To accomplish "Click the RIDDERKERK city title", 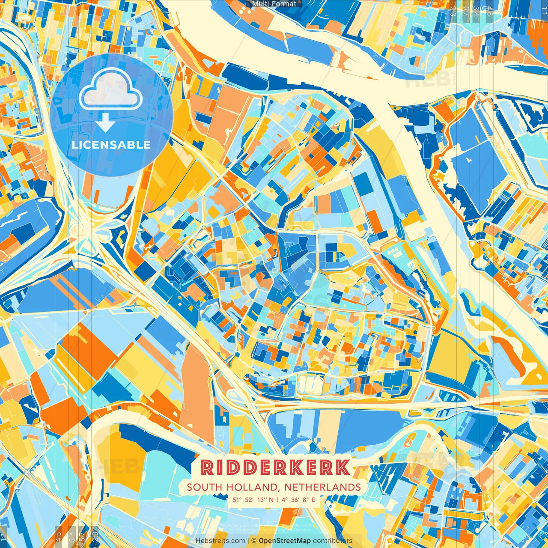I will tap(275, 468).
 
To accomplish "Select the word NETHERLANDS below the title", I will tap(322, 487).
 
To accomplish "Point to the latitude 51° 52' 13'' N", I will tap(253, 499).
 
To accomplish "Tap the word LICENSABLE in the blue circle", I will tap(111, 145).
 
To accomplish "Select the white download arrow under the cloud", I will tap(105, 124).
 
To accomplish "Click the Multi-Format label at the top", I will tap(274, 4).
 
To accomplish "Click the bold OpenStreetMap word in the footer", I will tap(284, 541).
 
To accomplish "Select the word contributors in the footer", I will tap(333, 541).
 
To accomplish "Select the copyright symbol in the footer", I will tap(254, 541).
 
